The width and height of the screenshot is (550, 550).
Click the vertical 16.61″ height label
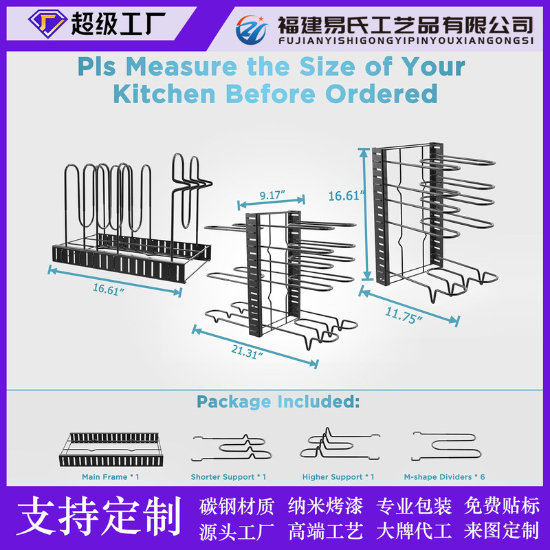click(346, 196)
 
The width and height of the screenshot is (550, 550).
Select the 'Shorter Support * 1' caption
click(228, 476)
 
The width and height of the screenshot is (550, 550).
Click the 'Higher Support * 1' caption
click(338, 476)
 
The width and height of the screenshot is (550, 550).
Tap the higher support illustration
click(338, 444)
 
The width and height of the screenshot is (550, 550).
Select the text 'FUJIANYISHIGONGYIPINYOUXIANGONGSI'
click(405, 41)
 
